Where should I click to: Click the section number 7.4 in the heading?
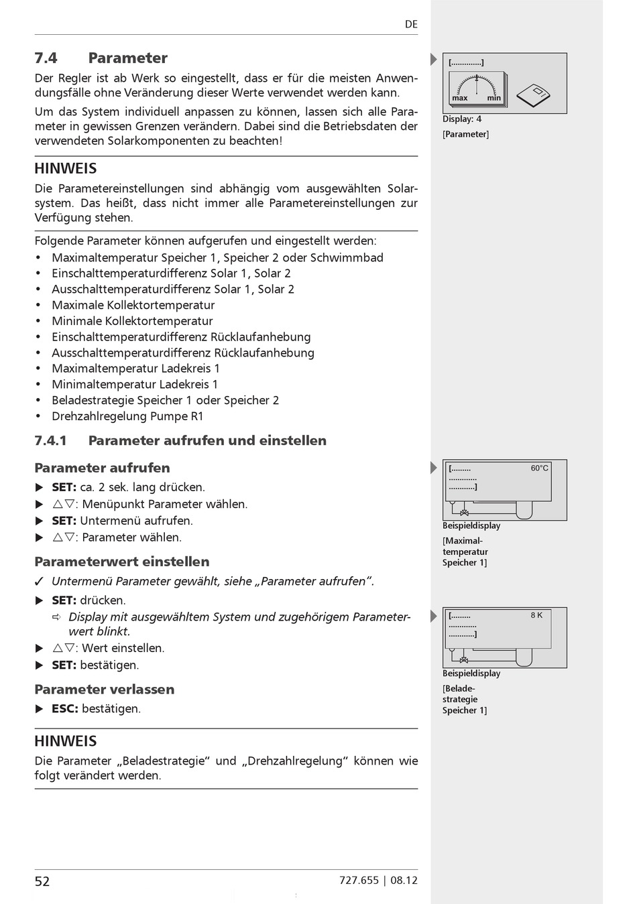(x=46, y=58)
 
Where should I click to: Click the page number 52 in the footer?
(x=42, y=881)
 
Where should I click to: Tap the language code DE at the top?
(x=411, y=24)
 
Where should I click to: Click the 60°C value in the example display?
(x=539, y=468)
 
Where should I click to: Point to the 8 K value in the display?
(x=536, y=615)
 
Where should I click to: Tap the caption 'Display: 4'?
(x=462, y=119)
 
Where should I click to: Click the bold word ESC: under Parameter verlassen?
(x=65, y=708)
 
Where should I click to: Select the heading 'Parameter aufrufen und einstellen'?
(x=207, y=440)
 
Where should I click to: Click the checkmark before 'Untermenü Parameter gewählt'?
(x=40, y=581)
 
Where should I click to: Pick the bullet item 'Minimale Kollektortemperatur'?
(x=132, y=321)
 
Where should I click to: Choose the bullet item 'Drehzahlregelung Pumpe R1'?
(x=127, y=416)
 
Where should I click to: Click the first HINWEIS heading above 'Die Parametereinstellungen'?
(x=66, y=168)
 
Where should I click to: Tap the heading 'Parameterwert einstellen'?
(x=122, y=562)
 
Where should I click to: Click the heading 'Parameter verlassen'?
(x=105, y=689)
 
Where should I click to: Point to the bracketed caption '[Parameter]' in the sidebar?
(x=465, y=134)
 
